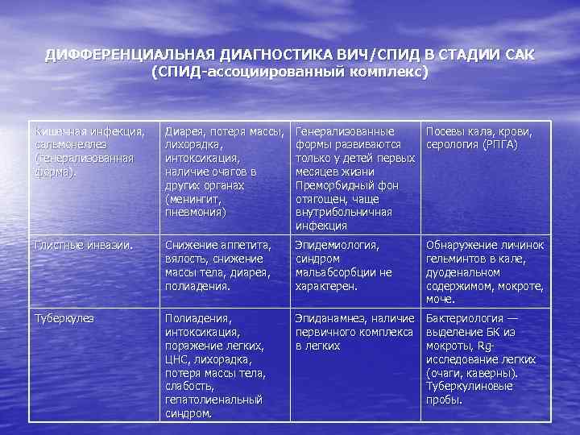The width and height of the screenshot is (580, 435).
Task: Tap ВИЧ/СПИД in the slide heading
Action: tap(375, 54)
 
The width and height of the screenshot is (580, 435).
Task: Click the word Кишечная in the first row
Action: tap(60, 130)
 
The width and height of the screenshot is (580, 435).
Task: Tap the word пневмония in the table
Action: tap(194, 213)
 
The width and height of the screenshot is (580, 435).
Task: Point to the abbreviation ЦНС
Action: tap(176, 358)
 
